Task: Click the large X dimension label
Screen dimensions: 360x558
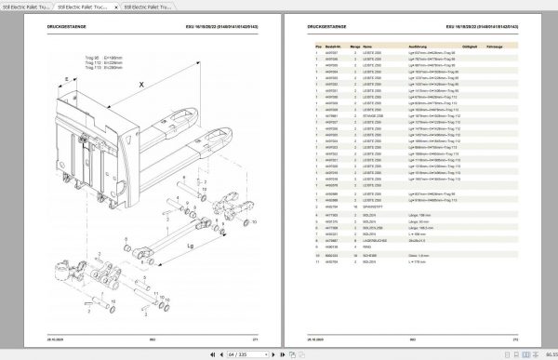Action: click(140, 84)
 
